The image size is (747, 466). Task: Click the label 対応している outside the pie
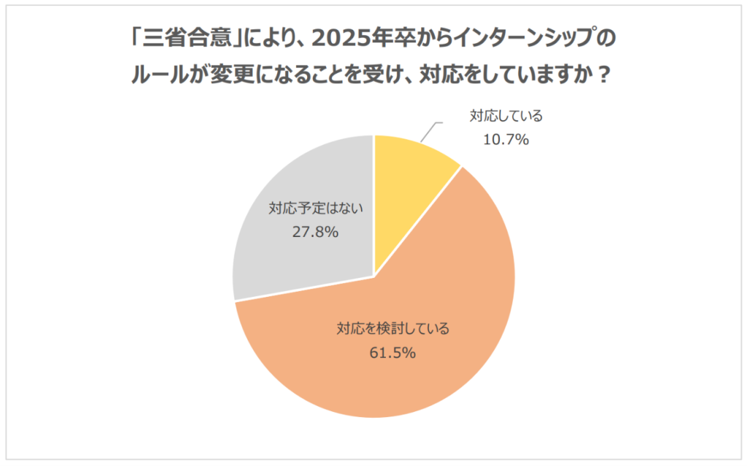click(506, 117)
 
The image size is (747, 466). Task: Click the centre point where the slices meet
click(374, 276)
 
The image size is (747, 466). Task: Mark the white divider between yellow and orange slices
click(417, 222)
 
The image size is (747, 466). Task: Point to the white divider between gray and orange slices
click(304, 289)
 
